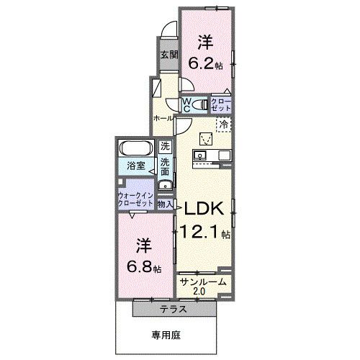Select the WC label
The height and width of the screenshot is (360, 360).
point(186,105)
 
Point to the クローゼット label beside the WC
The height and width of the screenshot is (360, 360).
point(222,105)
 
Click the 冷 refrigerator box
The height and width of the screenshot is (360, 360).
point(224,124)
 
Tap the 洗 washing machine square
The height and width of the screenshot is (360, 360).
point(165,147)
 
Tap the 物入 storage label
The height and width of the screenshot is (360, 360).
point(165,204)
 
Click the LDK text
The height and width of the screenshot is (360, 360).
point(206,208)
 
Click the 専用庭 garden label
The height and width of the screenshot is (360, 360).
point(167,334)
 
